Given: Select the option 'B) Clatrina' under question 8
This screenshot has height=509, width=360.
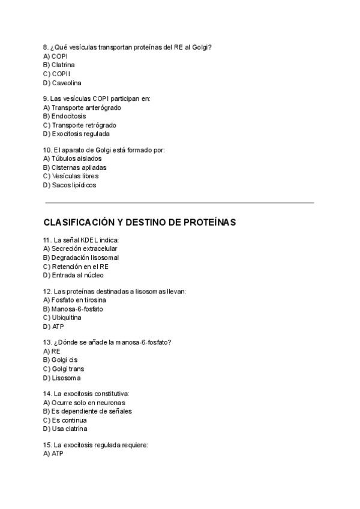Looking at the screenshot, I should click(59, 65).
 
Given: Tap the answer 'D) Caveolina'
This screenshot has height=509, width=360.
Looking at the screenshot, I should click(62, 83).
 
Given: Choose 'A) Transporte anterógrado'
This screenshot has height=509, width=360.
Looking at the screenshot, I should click(82, 107).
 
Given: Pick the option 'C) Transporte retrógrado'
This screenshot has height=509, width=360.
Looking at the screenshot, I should click(80, 125).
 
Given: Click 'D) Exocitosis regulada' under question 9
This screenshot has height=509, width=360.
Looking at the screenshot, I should click(76, 134).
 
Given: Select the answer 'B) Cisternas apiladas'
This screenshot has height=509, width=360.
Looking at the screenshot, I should click(75, 167).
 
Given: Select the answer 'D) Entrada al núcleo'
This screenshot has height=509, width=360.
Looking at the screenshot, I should click(73, 275).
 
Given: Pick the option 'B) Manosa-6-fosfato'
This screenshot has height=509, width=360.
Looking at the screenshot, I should click(73, 309).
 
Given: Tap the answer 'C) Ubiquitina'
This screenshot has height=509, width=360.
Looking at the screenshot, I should click(62, 318).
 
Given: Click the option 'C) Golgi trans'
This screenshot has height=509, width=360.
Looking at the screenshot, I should click(64, 369).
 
